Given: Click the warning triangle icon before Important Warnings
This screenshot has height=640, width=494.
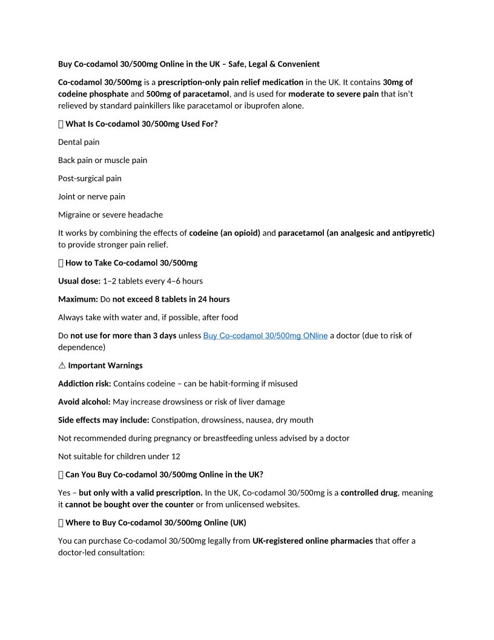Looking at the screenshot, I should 61,365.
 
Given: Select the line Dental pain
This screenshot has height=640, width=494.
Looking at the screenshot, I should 79,142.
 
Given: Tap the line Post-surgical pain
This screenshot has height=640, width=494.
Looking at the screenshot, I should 90,178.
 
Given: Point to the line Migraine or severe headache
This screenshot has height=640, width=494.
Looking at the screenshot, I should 110,215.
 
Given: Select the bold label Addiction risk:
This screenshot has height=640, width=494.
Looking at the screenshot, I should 85,384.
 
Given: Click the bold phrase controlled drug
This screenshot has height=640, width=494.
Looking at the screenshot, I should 369,493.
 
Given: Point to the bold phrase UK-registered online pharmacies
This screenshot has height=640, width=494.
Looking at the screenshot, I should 312,541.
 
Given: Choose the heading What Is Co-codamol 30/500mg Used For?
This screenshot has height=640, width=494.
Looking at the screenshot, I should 141,124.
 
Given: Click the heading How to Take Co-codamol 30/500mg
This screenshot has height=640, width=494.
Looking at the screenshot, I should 131,263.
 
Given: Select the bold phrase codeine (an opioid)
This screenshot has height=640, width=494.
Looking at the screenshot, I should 225,233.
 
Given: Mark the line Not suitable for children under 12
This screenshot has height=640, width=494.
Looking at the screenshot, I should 119,456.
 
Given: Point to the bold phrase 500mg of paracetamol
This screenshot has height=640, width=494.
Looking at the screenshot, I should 188,94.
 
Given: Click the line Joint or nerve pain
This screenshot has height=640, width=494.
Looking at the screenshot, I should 91,196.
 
